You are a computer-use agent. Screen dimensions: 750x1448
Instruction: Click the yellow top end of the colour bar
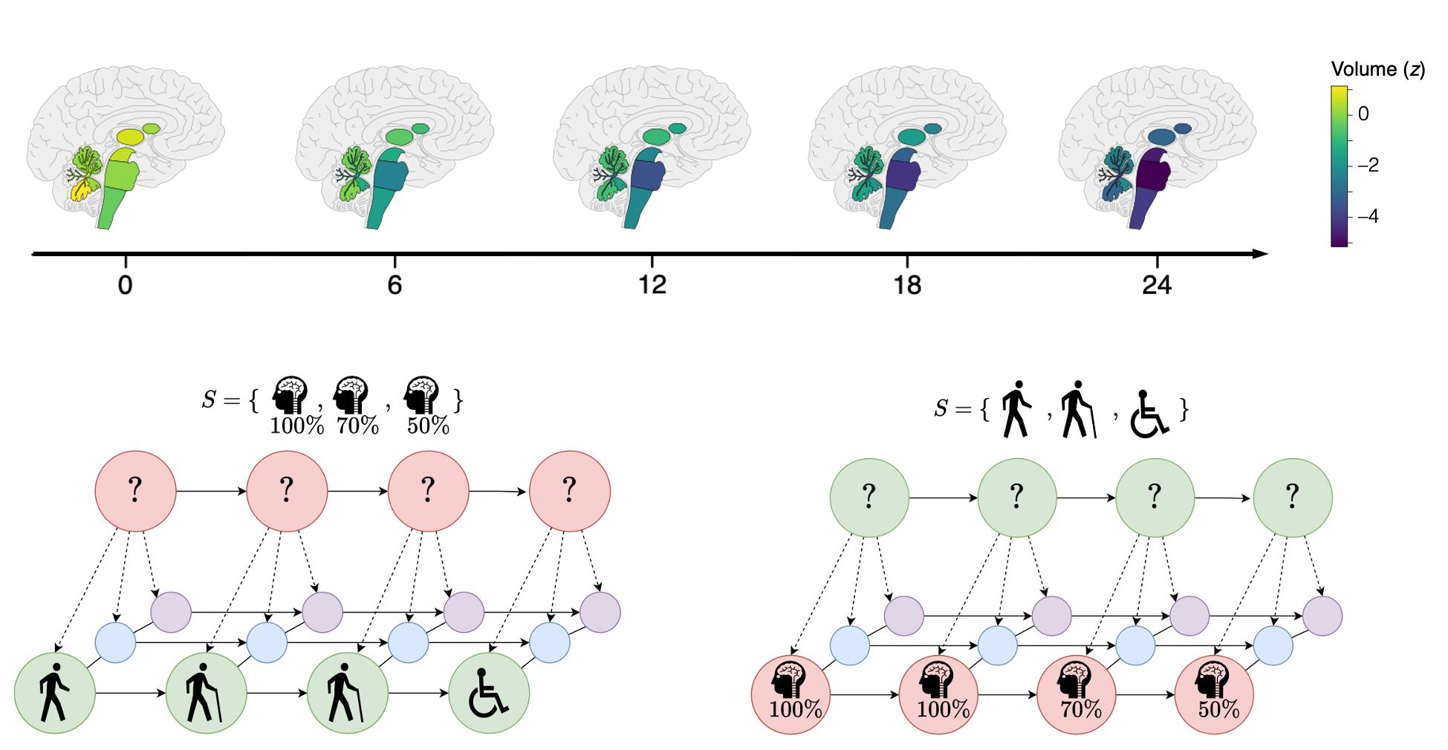point(1339,93)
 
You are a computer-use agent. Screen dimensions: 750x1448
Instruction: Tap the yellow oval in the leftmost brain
point(130,137)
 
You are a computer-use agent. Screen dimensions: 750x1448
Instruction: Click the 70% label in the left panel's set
point(357,426)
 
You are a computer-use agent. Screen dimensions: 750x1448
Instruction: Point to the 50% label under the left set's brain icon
point(428,426)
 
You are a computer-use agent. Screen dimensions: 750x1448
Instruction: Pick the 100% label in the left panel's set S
point(296,426)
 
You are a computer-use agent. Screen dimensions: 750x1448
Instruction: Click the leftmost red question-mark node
point(135,491)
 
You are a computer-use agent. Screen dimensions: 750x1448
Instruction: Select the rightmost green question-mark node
point(1292,498)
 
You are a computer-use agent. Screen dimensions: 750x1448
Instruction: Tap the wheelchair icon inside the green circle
point(488,694)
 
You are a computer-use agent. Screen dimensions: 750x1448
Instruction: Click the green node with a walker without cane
point(54,694)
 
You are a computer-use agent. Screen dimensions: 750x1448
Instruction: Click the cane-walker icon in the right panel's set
point(1077,410)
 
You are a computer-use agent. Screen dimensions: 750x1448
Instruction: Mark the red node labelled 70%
point(1077,695)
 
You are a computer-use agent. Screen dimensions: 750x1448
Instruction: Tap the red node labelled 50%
point(1214,695)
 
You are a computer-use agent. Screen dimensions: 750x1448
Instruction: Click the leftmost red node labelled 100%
point(790,695)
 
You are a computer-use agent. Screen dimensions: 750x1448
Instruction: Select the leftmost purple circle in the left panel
point(171,612)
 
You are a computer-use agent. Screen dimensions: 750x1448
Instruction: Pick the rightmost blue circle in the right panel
point(1273,645)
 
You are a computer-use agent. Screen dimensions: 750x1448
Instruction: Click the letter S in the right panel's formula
point(941,408)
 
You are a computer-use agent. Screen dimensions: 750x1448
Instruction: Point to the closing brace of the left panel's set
point(458,401)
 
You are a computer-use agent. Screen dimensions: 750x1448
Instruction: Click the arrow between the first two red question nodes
point(211,491)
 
